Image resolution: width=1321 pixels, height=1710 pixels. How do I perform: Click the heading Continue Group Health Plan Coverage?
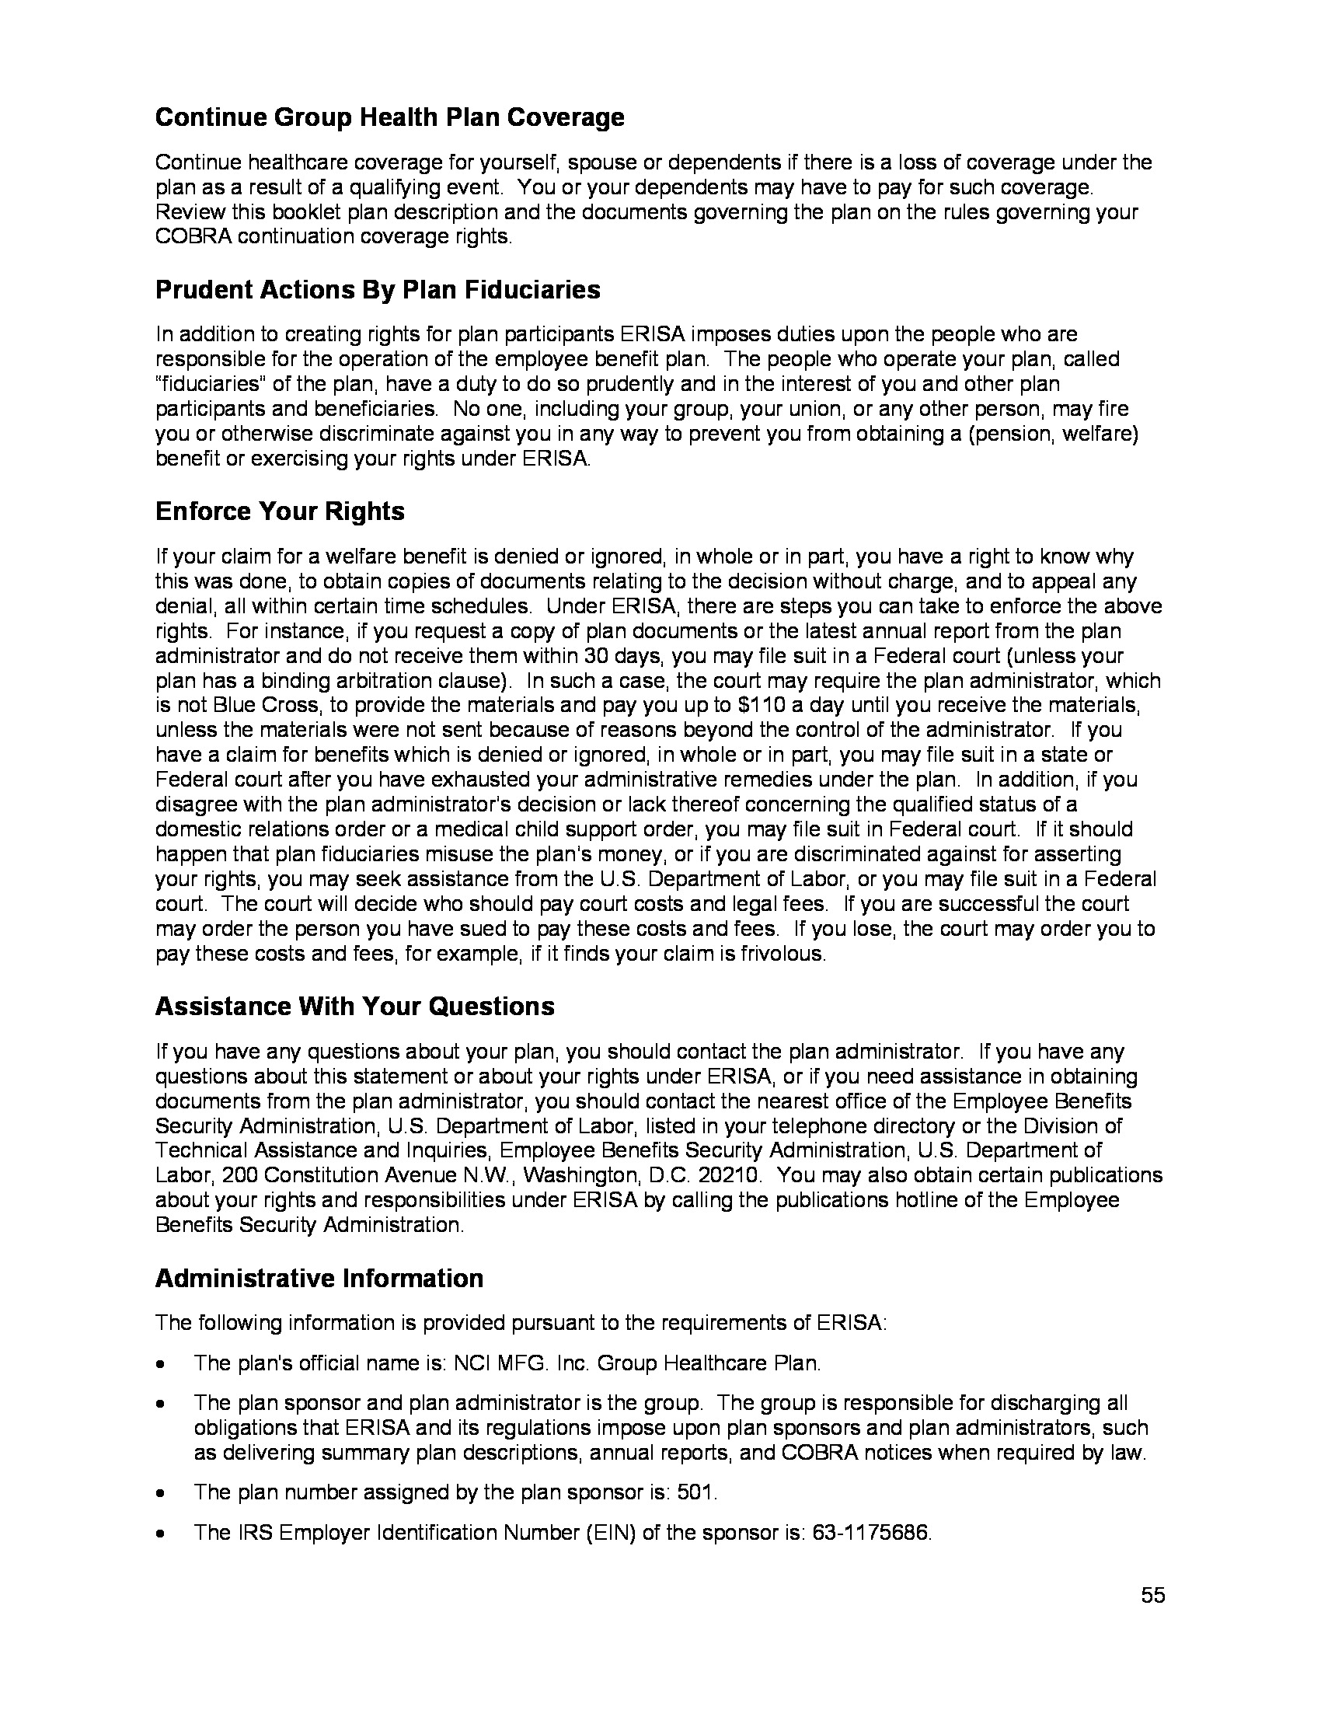(x=390, y=117)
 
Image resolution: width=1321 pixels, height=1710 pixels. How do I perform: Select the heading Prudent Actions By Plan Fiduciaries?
(x=378, y=290)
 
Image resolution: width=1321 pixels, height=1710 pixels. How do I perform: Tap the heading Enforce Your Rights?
(x=280, y=511)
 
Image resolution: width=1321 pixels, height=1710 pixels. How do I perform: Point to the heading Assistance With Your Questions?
(x=354, y=1006)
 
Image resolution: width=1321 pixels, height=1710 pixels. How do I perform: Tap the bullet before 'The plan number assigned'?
(x=160, y=1492)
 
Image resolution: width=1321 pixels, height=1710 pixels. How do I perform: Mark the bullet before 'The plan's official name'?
(x=160, y=1364)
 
